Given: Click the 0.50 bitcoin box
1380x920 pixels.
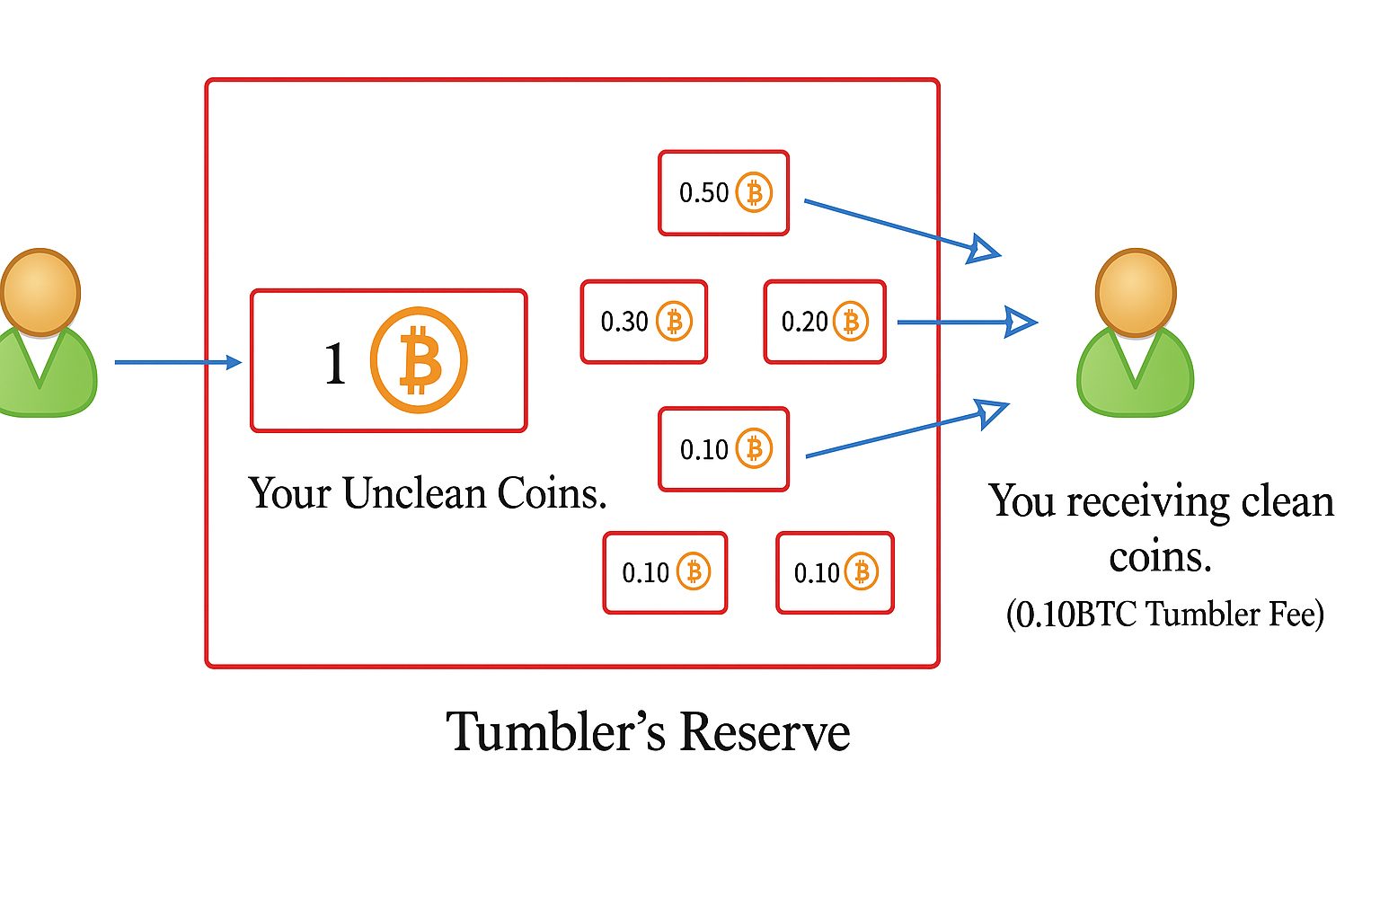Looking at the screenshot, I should point(723,193).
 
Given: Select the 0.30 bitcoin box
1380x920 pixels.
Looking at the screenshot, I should point(643,322).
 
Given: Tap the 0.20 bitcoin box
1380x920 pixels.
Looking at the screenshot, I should point(824,322).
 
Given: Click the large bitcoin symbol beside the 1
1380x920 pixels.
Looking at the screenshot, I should point(419,360).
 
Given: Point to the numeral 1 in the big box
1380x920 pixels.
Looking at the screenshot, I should point(335,364).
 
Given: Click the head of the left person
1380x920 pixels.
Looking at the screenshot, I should point(40,292).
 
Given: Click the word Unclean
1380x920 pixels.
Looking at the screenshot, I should point(414,493).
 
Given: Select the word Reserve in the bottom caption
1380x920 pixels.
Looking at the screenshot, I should point(765,731).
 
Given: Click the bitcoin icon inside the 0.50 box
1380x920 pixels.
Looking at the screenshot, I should point(754,192).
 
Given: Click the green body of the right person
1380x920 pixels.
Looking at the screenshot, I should point(1136,377).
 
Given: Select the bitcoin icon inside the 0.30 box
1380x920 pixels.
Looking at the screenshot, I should point(674,321).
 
